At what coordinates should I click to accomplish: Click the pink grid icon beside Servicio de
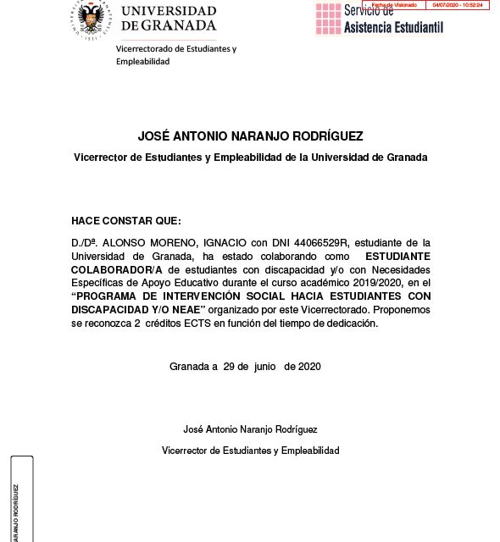click(328, 19)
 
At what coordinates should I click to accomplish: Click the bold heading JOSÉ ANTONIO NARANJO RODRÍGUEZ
click(250, 136)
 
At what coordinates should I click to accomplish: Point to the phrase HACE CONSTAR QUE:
click(114, 220)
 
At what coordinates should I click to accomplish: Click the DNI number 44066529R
click(302, 242)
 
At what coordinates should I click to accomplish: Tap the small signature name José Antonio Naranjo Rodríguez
click(250, 429)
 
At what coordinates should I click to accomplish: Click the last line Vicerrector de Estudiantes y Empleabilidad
click(250, 451)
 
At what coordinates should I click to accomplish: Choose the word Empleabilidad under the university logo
click(143, 62)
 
